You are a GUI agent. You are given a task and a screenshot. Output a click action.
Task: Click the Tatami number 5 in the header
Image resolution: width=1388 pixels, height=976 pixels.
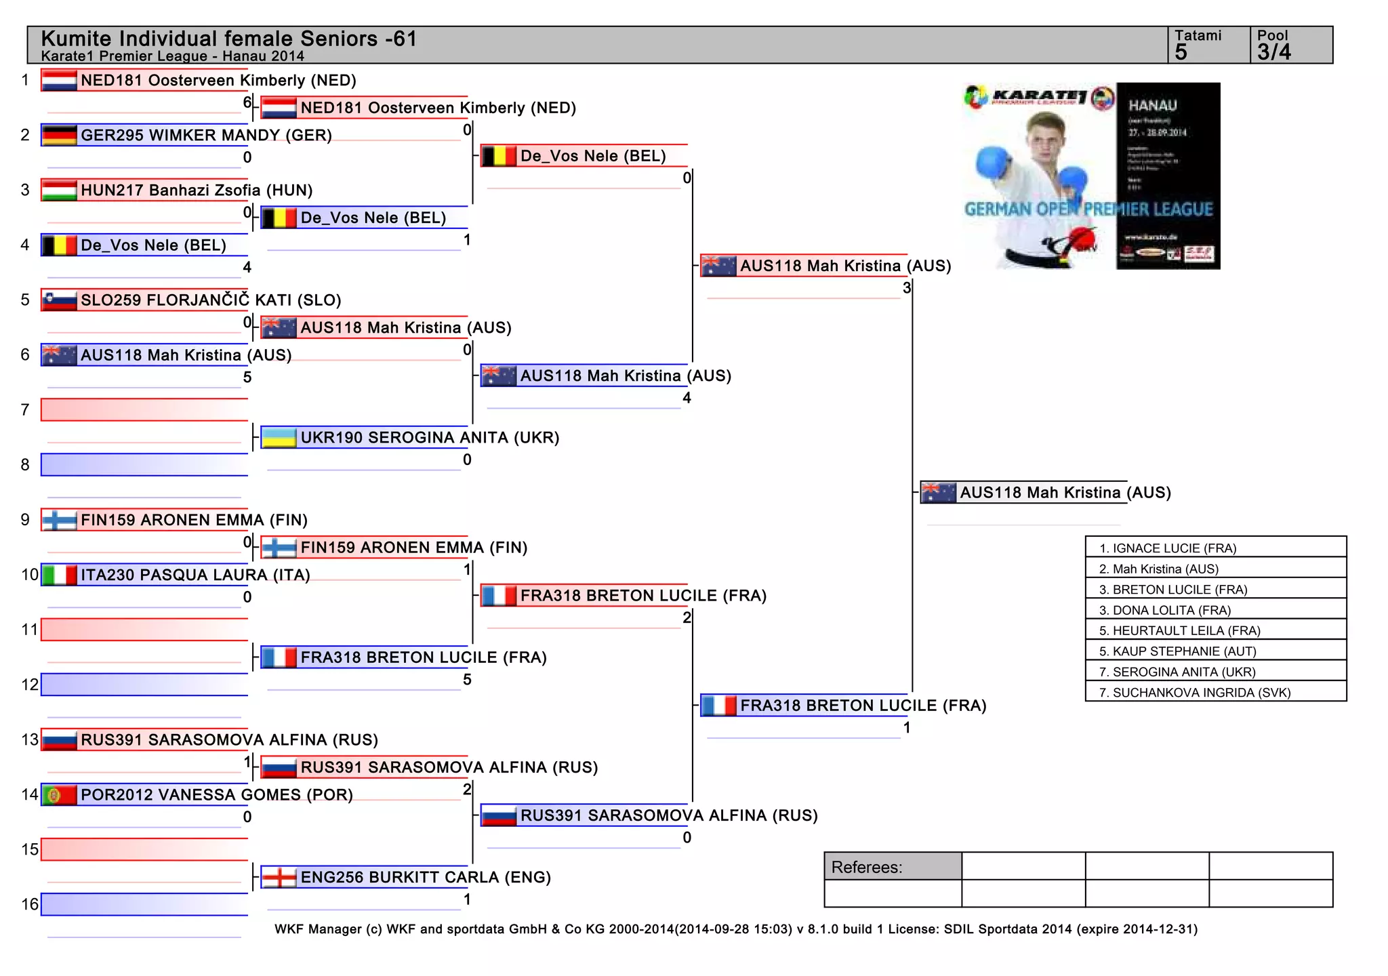point(1181,52)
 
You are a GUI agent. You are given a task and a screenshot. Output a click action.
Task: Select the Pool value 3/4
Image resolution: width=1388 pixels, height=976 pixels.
point(1274,52)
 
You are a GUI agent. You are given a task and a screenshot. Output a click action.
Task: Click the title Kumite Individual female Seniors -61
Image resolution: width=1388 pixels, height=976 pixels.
point(228,39)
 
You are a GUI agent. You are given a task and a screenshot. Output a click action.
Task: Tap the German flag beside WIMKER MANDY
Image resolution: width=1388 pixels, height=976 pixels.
point(59,135)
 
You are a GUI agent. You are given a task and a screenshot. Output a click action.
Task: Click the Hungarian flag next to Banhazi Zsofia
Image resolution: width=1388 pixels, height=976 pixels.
point(59,190)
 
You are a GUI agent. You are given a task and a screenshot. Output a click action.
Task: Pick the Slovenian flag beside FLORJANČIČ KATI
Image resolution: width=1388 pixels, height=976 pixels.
point(59,300)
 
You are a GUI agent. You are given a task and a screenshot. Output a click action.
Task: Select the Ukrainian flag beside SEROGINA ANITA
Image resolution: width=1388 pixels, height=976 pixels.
point(279,437)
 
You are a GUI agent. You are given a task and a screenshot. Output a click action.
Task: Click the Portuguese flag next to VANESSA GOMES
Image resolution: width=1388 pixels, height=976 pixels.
point(59,794)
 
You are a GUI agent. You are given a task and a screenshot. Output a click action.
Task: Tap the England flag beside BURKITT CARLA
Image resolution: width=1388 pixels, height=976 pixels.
point(279,877)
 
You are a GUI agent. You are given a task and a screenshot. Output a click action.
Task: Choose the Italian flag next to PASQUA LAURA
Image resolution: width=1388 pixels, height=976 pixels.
point(59,575)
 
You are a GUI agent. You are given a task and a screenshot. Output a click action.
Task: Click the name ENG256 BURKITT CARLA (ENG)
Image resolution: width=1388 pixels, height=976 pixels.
point(426,877)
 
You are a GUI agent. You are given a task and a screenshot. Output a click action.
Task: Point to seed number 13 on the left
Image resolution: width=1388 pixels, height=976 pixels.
point(30,739)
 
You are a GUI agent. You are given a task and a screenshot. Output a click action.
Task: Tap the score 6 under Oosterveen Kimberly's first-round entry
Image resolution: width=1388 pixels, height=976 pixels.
point(247,102)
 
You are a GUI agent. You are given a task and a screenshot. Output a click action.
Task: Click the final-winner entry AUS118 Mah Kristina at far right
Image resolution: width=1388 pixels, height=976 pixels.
point(1065,493)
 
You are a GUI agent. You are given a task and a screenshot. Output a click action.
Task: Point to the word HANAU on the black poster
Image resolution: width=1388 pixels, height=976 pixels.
point(1152,105)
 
